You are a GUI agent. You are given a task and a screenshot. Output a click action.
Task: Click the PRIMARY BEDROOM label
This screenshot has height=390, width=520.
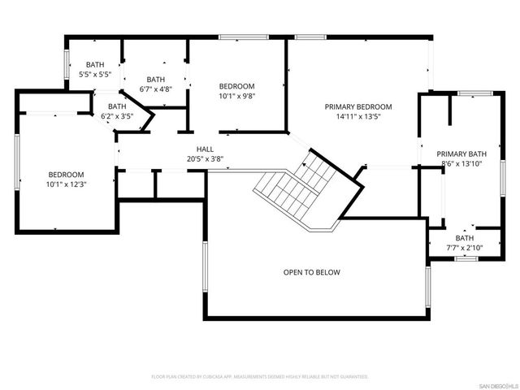tap(358, 106)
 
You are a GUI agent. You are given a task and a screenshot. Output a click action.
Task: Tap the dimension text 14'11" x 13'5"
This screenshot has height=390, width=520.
tap(358, 116)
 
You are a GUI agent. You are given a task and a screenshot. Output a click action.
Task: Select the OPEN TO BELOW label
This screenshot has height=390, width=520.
tap(311, 272)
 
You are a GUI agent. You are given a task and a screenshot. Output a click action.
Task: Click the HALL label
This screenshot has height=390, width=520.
tap(205, 149)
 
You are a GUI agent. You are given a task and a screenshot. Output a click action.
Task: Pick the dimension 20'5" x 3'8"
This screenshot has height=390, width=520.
tap(205, 159)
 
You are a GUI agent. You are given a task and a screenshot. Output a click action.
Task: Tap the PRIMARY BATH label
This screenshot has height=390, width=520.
tap(461, 154)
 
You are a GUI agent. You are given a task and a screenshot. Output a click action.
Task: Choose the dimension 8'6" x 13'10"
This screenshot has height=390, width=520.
tap(461, 163)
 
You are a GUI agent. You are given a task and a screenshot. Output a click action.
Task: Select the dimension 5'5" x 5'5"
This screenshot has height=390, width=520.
tap(96, 75)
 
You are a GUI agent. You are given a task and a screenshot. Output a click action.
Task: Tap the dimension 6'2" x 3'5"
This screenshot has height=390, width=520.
tap(117, 116)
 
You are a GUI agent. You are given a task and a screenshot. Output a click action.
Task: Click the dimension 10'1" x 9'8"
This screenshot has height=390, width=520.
tap(237, 96)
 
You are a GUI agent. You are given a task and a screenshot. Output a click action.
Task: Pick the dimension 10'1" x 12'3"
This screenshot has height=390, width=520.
tap(66, 184)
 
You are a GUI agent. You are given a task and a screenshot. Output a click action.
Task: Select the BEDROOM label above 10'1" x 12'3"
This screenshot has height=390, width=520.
tap(66, 175)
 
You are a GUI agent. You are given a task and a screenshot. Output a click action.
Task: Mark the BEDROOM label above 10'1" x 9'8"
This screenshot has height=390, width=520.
tap(237, 86)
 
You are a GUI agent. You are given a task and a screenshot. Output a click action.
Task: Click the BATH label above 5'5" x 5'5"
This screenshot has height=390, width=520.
tap(96, 65)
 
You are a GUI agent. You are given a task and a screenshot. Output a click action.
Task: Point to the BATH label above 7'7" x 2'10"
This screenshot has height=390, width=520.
tap(463, 237)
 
